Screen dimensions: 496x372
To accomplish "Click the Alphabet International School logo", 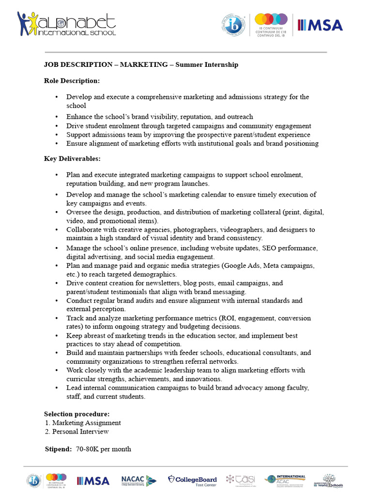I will click(x=66, y=24).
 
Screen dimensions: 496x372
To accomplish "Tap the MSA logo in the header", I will click(x=320, y=25).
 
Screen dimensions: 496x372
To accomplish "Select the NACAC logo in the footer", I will click(x=139, y=480).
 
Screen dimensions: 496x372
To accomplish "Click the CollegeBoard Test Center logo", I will click(x=192, y=480).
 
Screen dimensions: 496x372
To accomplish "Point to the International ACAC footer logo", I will click(x=285, y=480).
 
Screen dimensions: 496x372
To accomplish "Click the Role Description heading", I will click(x=72, y=80).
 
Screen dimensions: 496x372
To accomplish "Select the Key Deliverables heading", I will click(x=72, y=158).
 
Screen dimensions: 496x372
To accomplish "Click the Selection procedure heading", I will click(x=77, y=414).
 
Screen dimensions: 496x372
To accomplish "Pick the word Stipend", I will click(x=58, y=449).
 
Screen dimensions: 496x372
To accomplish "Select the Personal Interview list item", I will click(x=80, y=431).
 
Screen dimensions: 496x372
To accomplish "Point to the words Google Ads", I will click(x=242, y=265).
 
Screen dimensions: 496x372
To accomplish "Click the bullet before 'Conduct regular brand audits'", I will click(x=57, y=301).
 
